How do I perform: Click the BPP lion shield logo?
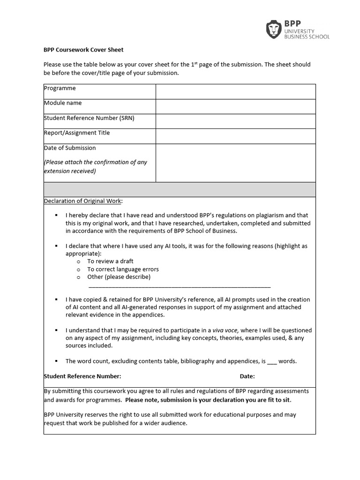click(274, 30)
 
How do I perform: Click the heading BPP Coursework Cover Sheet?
click(83, 50)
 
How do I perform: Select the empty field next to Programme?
click(235, 91)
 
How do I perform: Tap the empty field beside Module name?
click(235, 106)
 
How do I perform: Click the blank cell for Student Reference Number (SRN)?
click(235, 121)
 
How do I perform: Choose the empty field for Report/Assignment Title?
click(235, 136)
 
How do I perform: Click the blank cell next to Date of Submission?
click(235, 163)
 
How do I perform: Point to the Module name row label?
click(63, 103)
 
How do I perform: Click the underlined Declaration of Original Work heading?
click(83, 201)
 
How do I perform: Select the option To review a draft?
click(110, 261)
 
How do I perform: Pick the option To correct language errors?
click(123, 269)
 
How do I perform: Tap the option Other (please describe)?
click(119, 277)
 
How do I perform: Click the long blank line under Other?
click(179, 286)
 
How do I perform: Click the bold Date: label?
click(247, 376)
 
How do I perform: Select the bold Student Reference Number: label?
click(82, 376)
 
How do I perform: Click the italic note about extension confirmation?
click(96, 166)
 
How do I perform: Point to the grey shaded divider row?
click(180, 189)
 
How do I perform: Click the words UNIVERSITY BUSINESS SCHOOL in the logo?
click(307, 33)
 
